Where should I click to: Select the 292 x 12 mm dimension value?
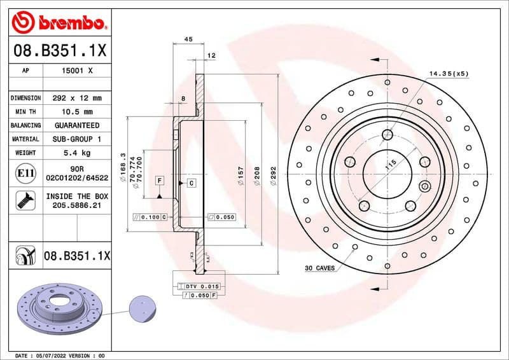coord(76,99)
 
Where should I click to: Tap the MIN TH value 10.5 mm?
coord(76,112)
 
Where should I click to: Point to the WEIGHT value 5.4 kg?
coord(76,153)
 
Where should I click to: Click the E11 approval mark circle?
coord(25,172)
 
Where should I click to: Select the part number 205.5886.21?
coord(76,207)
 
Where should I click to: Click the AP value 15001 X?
coord(76,71)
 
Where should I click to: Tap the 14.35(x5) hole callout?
coord(448,74)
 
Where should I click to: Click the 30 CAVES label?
coord(319,268)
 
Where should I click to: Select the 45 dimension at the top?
coord(188,39)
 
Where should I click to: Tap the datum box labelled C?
coord(190,183)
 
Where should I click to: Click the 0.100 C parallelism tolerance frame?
coord(150,217)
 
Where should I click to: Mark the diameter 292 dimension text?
coord(274,175)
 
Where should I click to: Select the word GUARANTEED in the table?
coord(76,125)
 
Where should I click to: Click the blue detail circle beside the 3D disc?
coord(143,310)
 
